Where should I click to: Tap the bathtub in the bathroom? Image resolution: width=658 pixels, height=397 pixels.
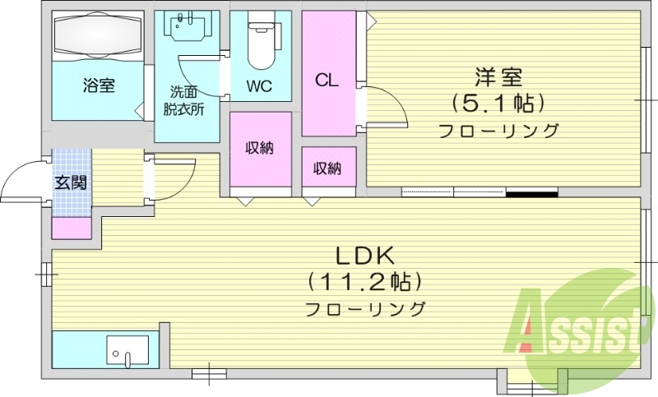[98, 36]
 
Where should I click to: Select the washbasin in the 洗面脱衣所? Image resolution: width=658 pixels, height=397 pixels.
[188, 26]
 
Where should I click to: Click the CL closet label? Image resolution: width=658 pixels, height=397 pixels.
[327, 81]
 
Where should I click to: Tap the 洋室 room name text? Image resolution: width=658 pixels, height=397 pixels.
[498, 79]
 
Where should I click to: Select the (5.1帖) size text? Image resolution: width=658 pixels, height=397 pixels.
[498, 104]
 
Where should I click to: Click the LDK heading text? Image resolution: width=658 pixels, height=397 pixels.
[365, 253]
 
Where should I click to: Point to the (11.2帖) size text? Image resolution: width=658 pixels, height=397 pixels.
[365, 281]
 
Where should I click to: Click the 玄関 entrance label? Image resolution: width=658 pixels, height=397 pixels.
[71, 182]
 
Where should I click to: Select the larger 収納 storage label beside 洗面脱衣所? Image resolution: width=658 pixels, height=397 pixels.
[260, 149]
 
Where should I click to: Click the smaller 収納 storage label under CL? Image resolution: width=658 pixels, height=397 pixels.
[327, 168]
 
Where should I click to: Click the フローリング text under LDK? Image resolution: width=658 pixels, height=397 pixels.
[365, 310]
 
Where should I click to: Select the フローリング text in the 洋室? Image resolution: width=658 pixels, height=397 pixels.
[498, 131]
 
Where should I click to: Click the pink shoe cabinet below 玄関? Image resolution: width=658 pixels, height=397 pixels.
[71, 228]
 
